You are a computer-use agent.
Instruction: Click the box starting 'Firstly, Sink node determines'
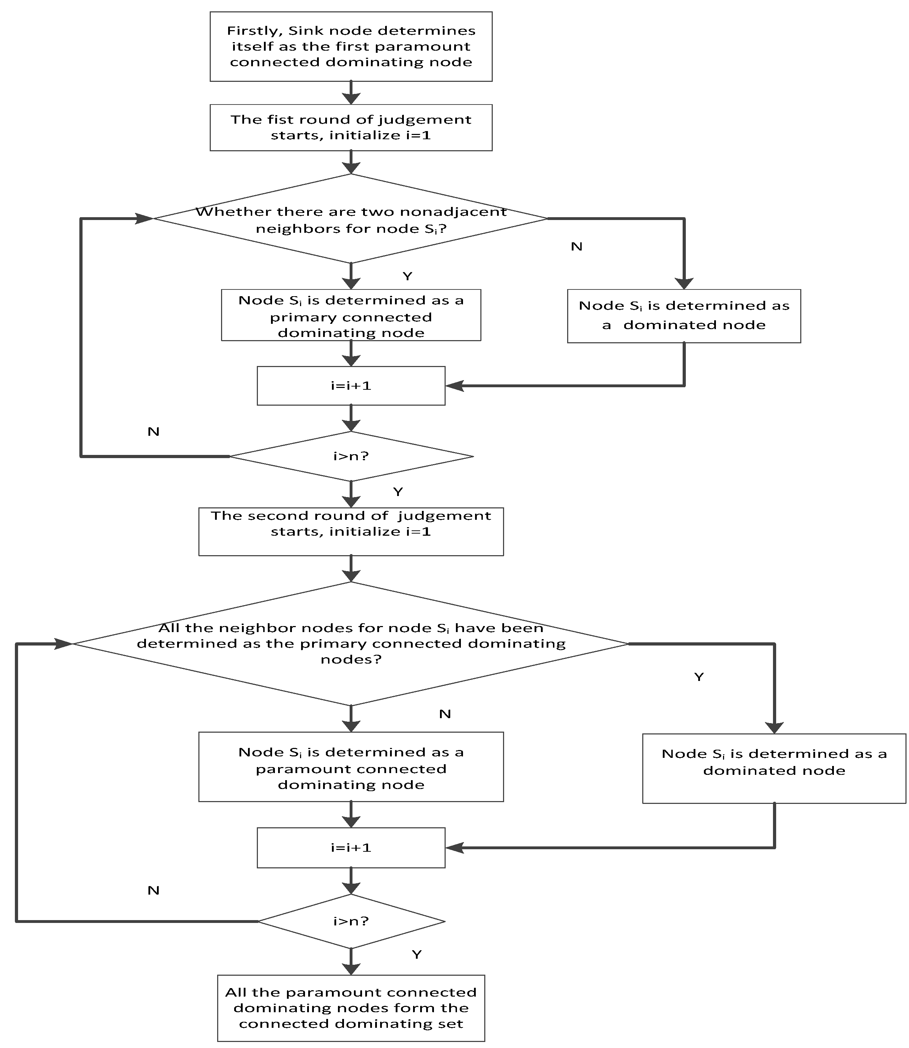[351, 47]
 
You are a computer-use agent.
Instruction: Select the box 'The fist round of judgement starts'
[351, 127]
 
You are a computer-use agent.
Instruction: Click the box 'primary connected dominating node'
[351, 316]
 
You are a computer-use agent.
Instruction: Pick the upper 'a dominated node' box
[684, 316]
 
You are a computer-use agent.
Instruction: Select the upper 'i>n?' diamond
[351, 456]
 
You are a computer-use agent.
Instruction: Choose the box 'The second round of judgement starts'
[351, 531]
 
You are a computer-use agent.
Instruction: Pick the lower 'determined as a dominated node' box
[774, 768]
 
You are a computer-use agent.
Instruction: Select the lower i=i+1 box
[351, 847]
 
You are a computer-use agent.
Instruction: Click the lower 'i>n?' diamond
[351, 921]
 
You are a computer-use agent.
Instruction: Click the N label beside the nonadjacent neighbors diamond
[576, 247]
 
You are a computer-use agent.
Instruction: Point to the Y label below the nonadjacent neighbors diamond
[407, 276]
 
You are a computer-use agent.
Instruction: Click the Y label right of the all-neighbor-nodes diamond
[699, 677]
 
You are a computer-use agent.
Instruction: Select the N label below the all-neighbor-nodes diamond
[445, 714]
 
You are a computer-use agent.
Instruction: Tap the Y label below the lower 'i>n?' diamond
[417, 955]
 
